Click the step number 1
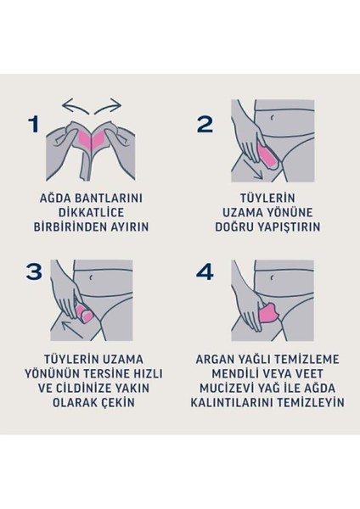click(x=33, y=125)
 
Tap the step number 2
click(x=204, y=125)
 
